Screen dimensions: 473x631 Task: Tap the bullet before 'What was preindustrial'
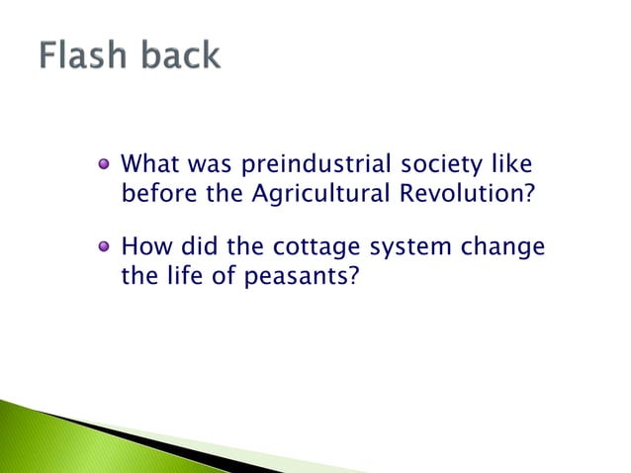click(x=104, y=163)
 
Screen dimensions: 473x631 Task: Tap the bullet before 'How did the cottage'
click(x=104, y=246)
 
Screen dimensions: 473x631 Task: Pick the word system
click(x=428, y=247)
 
